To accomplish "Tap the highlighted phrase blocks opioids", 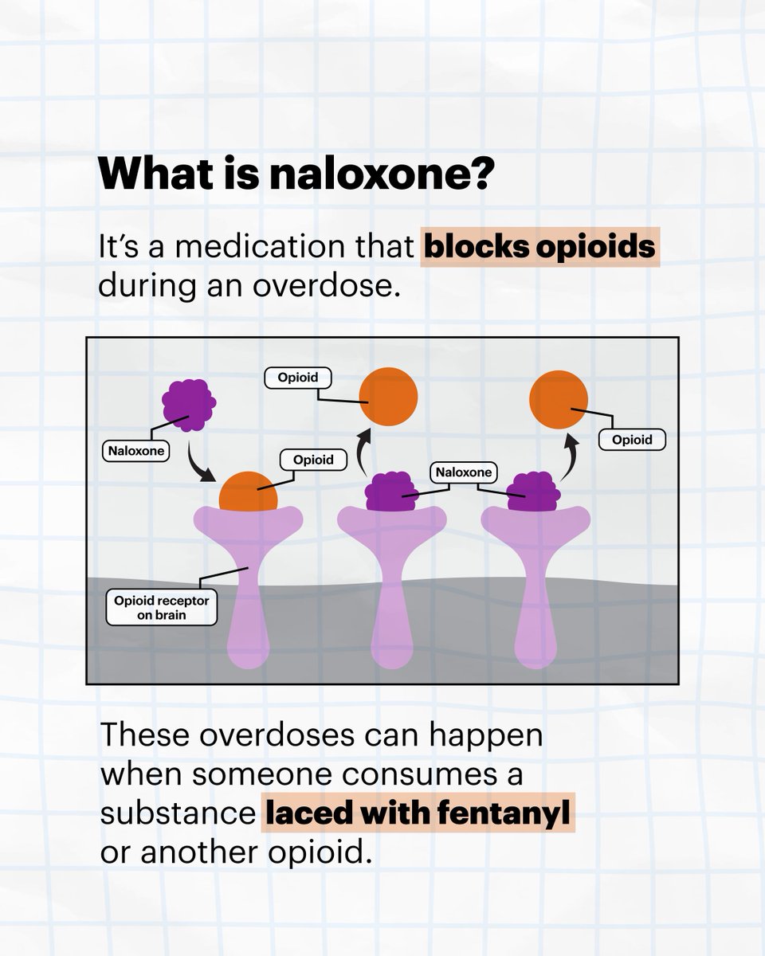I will click(x=540, y=248).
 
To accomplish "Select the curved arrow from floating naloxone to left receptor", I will click(x=199, y=464).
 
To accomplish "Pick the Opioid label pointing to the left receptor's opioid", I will click(x=314, y=460).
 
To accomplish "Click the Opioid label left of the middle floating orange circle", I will click(x=294, y=377).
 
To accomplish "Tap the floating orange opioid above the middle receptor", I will click(x=388, y=393).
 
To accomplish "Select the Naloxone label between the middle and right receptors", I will click(x=464, y=472).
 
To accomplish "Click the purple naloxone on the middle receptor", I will click(x=390, y=493).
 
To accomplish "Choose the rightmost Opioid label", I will click(x=631, y=439).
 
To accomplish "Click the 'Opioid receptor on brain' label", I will click(x=162, y=608).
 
